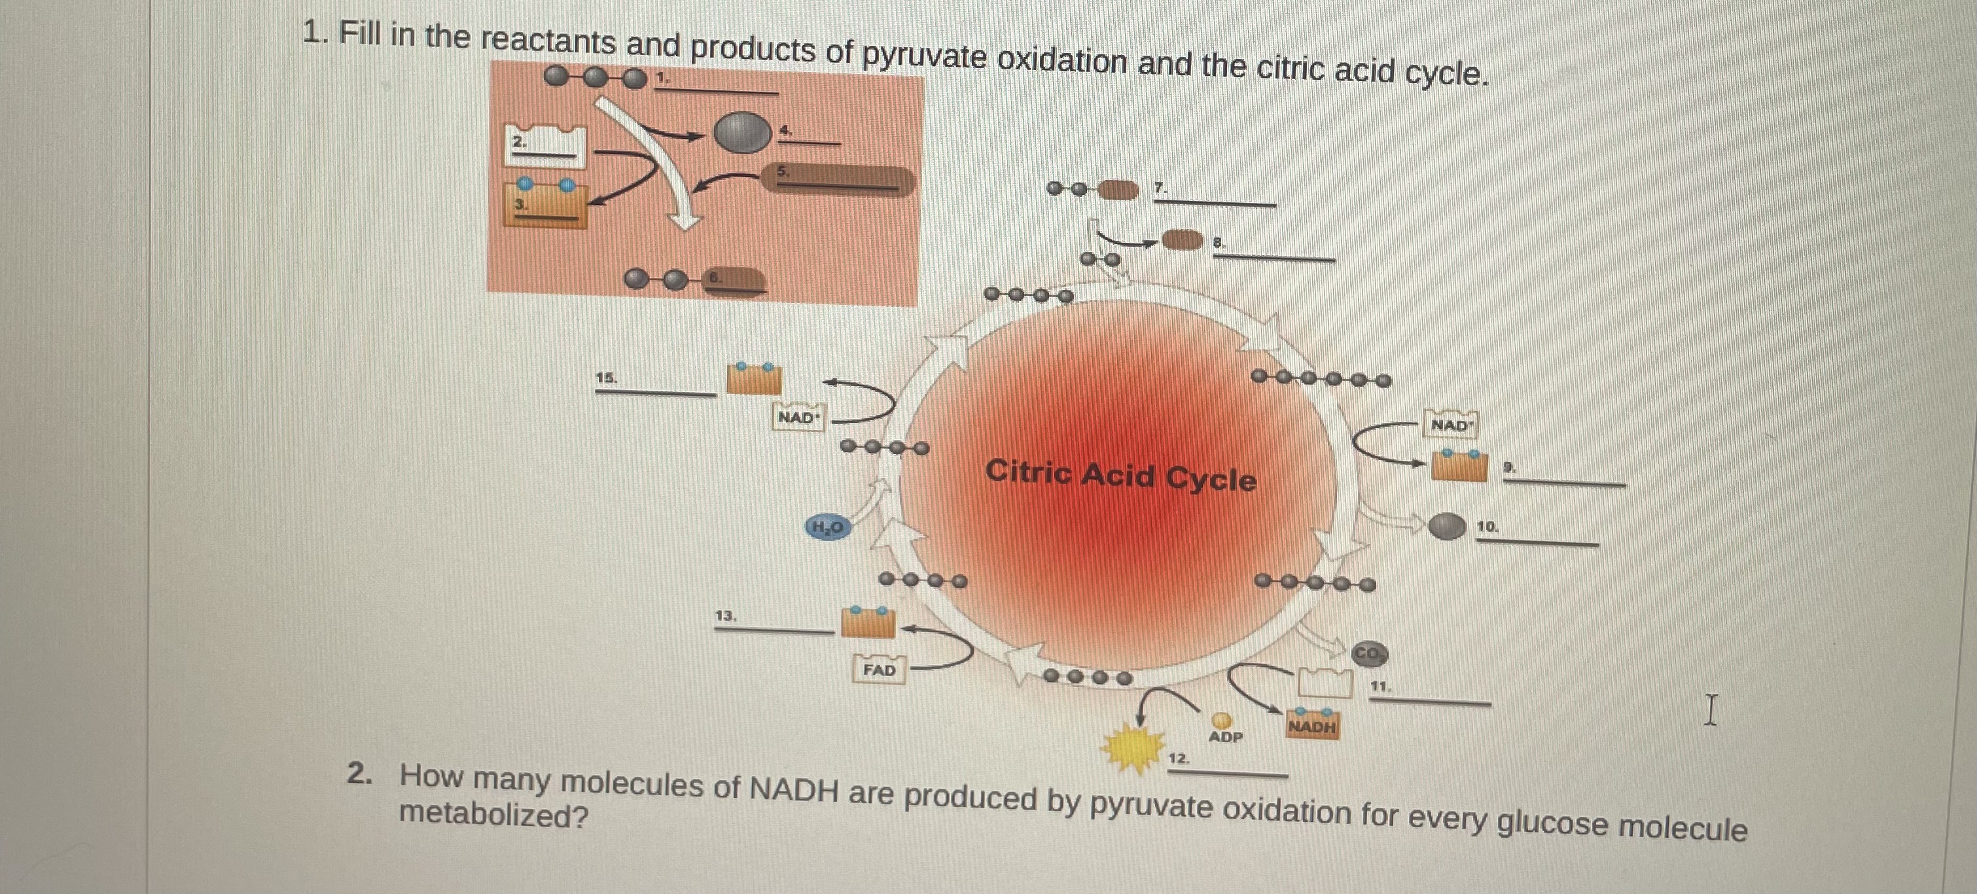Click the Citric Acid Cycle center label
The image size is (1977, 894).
coord(1120,475)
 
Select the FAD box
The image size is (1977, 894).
coord(880,670)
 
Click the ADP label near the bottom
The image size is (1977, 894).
coord(1225,737)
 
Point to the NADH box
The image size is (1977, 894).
coord(1312,726)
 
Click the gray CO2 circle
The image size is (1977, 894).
coord(1369,654)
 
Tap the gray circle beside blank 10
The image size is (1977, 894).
coord(1447,526)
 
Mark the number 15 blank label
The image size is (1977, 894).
coord(606,378)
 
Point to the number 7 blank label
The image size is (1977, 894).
coord(1160,187)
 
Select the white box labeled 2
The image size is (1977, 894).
coord(544,146)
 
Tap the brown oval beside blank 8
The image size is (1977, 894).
coord(1182,240)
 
